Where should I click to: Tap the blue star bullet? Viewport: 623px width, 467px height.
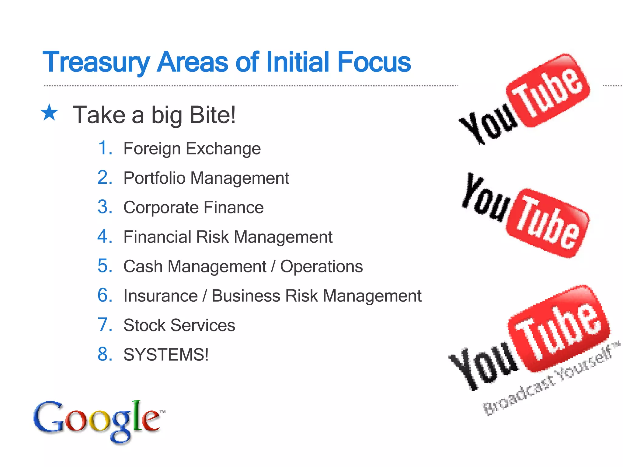pyautogui.click(x=49, y=112)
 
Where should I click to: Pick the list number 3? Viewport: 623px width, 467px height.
pyautogui.click(x=105, y=207)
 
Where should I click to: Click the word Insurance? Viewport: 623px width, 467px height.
pyautogui.click(x=161, y=296)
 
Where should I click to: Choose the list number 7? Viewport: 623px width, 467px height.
pyautogui.click(x=105, y=325)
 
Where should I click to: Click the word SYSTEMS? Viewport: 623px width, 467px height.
pyautogui.click(x=166, y=355)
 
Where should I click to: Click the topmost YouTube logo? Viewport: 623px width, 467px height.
pyautogui.click(x=525, y=99)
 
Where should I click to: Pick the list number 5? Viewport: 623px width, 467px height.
pyautogui.click(x=105, y=266)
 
